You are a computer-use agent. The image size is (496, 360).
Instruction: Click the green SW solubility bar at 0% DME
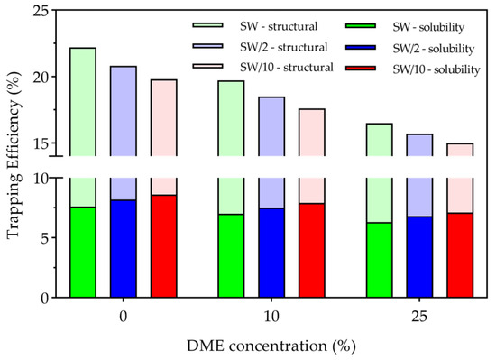(83, 252)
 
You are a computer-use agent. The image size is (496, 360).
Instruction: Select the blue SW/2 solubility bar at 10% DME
(271, 253)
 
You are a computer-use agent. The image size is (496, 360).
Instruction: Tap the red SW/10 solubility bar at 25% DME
(460, 255)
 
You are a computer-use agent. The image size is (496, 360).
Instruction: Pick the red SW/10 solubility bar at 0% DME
(163, 246)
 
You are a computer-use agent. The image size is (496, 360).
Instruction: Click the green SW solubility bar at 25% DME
(380, 260)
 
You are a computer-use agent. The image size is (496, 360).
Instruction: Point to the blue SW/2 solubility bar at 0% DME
(124, 249)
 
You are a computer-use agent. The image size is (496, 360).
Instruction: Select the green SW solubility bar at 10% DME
(231, 256)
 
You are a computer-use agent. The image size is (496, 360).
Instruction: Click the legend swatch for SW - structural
(207, 25)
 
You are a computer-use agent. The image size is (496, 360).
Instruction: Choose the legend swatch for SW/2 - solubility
(361, 47)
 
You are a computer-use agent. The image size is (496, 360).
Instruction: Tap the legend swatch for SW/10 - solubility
(361, 68)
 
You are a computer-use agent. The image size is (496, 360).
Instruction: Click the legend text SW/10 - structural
(287, 68)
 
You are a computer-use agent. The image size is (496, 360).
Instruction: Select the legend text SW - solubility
(428, 27)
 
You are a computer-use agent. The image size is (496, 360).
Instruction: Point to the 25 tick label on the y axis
(41, 11)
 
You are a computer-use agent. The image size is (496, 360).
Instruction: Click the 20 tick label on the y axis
(41, 77)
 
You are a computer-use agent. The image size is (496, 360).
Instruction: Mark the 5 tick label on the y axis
(46, 237)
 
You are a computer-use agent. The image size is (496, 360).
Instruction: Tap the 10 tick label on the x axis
(271, 317)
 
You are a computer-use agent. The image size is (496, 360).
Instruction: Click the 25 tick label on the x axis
(419, 317)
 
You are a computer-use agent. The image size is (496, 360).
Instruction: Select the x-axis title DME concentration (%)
(271, 346)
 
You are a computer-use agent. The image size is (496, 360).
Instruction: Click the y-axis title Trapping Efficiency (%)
(14, 155)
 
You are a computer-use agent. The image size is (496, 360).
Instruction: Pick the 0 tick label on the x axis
(124, 317)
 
